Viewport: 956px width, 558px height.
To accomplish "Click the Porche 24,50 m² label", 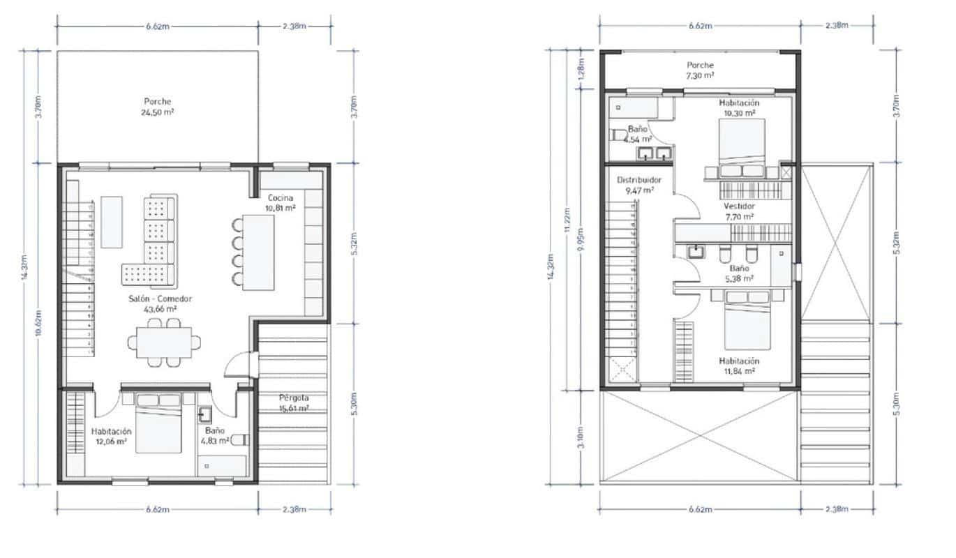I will [157, 106].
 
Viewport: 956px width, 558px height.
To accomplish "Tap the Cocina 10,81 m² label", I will [280, 202].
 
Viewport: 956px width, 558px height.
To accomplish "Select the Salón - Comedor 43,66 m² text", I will [159, 303].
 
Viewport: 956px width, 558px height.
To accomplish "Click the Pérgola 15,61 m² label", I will [294, 403].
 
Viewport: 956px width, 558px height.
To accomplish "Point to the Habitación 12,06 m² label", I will [110, 436].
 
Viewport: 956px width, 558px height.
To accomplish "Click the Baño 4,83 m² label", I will [215, 436].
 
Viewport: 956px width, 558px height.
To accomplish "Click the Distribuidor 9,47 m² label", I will [639, 184].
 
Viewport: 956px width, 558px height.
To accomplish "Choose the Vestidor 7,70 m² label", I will [739, 211].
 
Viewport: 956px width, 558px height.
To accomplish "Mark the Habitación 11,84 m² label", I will [739, 366].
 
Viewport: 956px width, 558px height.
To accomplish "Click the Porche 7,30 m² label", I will [699, 70].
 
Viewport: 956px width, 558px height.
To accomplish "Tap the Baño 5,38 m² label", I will [739, 272].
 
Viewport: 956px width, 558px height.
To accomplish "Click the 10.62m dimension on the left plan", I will [39, 324].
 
